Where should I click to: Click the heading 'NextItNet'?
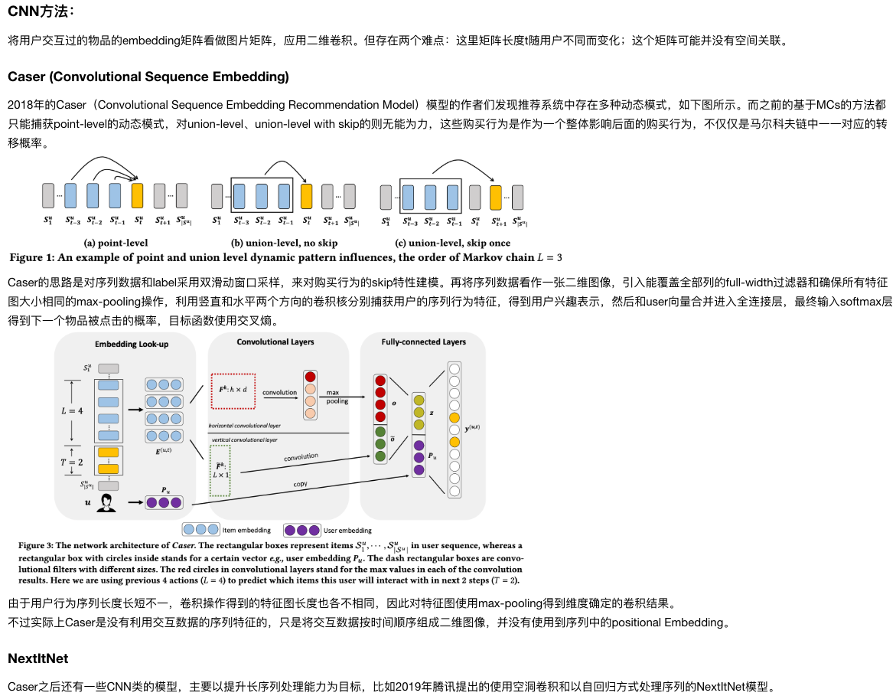coord(38,658)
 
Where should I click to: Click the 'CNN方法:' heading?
coord(41,11)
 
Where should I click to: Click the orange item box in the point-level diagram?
coord(138,195)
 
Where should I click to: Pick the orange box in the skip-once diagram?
coord(495,197)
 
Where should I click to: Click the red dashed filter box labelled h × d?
coord(233,390)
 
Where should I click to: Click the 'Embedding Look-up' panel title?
coord(132,345)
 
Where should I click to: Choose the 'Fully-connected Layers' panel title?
coord(423,341)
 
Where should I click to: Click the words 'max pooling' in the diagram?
coord(337,396)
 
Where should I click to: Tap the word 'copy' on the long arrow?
coord(301,484)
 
